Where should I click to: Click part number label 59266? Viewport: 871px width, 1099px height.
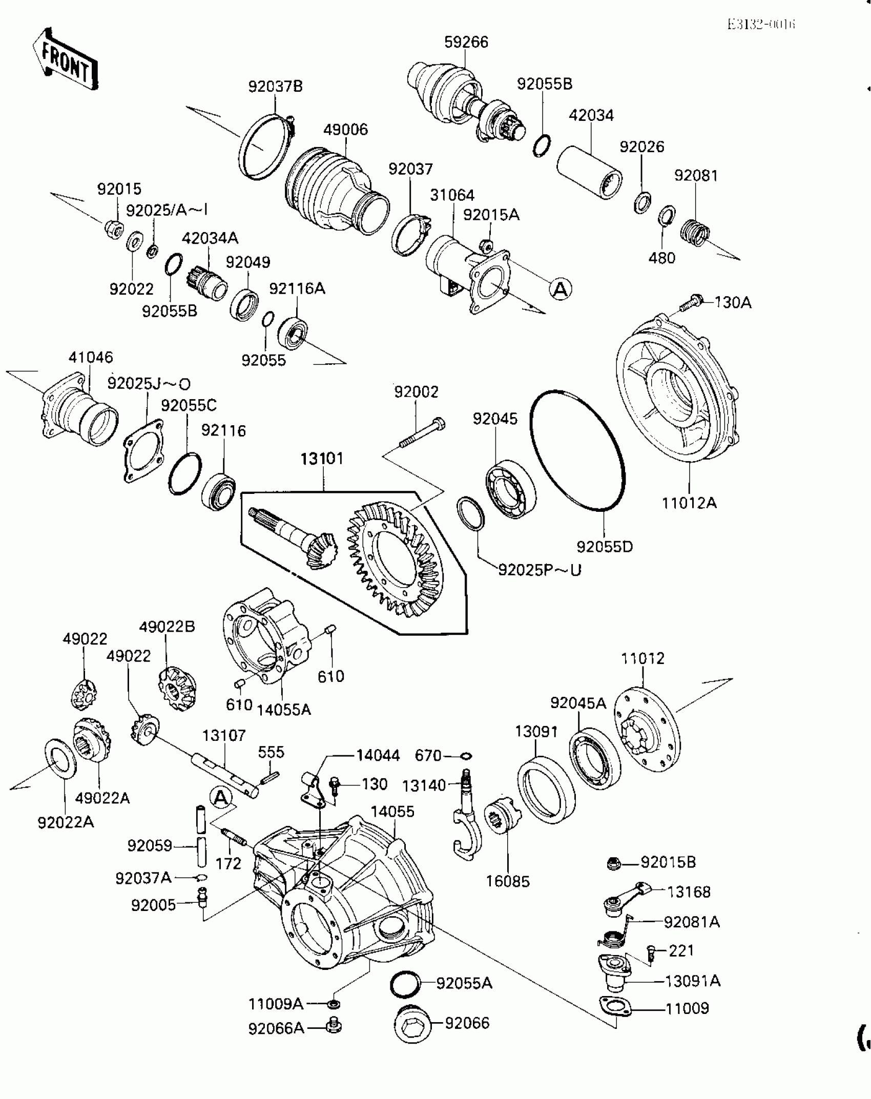click(x=466, y=42)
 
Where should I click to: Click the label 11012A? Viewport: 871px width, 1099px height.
click(x=689, y=503)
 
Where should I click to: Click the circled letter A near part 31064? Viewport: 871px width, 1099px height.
click(x=561, y=289)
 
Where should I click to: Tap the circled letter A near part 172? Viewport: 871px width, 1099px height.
click(x=221, y=798)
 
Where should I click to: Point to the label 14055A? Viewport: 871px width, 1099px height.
click(x=284, y=710)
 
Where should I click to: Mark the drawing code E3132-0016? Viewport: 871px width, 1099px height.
click(x=761, y=25)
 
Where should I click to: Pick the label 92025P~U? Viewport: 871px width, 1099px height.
click(x=540, y=570)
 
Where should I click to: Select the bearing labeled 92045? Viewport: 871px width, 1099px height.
click(x=510, y=489)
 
